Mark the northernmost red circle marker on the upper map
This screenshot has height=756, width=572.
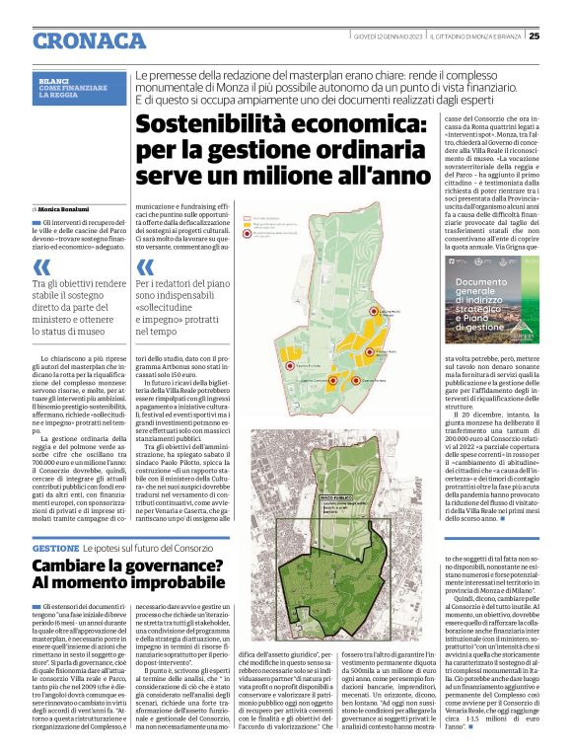pos(374,311)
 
